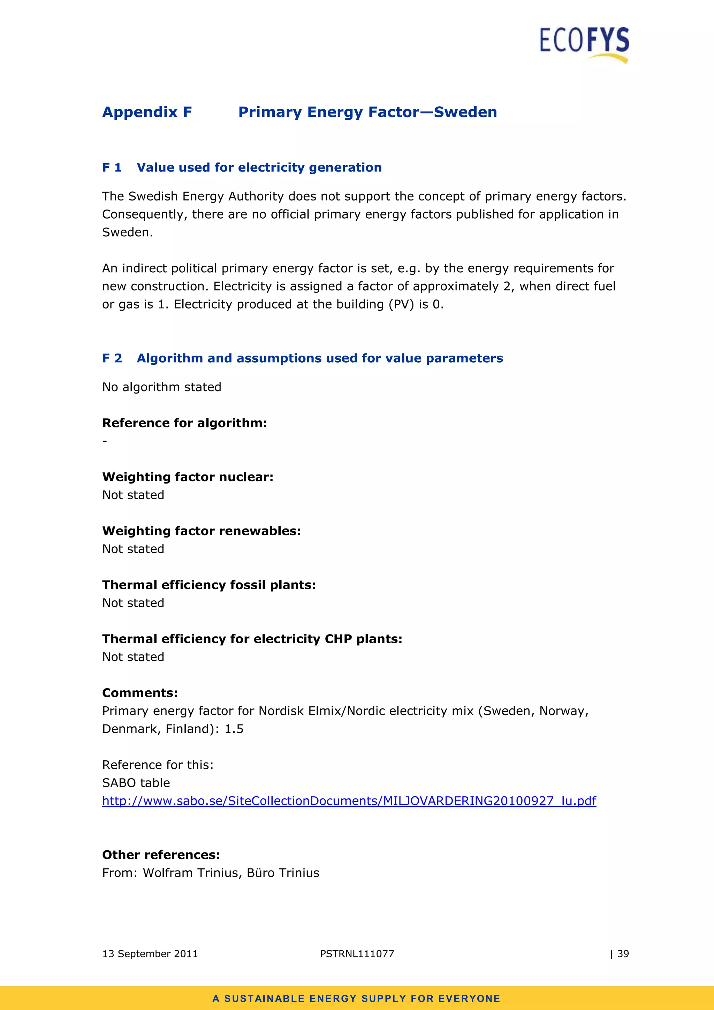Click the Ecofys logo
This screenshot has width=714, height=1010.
point(584,44)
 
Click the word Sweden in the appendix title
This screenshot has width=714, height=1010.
point(465,112)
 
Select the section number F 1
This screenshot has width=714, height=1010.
point(112,168)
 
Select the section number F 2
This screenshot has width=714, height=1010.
point(112,358)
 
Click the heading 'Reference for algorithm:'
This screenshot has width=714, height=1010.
point(184,423)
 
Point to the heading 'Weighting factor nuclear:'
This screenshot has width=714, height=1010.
point(188,477)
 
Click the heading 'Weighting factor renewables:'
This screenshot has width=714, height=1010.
point(202,531)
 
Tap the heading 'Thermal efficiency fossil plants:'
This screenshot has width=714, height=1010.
point(209,585)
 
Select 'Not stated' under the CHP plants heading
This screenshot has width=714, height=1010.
point(133,657)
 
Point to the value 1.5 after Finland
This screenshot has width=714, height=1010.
point(234,729)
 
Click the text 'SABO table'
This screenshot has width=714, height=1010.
point(136,783)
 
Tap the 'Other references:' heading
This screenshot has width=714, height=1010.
point(161,855)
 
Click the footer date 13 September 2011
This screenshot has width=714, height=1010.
point(150,954)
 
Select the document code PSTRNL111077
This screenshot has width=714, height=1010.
point(357,954)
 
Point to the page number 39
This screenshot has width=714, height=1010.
point(623,954)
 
